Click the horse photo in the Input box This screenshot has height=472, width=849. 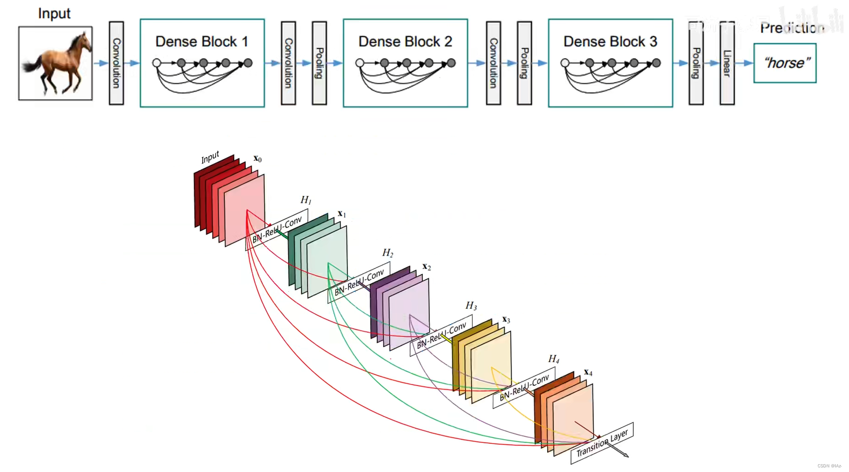[x=55, y=63]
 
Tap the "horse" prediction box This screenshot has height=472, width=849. [x=785, y=63]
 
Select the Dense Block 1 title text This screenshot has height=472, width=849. [x=202, y=41]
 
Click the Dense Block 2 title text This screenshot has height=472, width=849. [x=405, y=41]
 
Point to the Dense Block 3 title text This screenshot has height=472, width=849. [x=610, y=41]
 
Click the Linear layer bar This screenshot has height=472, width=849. [x=727, y=63]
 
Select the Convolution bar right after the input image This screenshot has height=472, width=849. [x=116, y=63]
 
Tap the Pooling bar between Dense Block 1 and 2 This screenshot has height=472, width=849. [x=319, y=63]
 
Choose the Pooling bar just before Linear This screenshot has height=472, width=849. [x=696, y=63]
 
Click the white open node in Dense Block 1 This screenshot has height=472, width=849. [x=157, y=63]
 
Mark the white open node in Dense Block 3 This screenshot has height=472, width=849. [x=565, y=63]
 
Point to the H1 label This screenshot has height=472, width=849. [x=306, y=200]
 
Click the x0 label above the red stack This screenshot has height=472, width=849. [x=258, y=159]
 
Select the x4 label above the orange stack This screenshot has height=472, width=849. [x=588, y=372]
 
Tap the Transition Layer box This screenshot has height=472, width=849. [x=602, y=443]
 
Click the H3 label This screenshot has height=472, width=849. [x=471, y=306]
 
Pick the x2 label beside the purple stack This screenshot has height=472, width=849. [x=427, y=267]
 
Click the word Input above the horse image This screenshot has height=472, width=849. [x=54, y=13]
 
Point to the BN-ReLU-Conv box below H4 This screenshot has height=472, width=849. [x=524, y=388]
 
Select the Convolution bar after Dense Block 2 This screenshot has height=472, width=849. [x=493, y=63]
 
